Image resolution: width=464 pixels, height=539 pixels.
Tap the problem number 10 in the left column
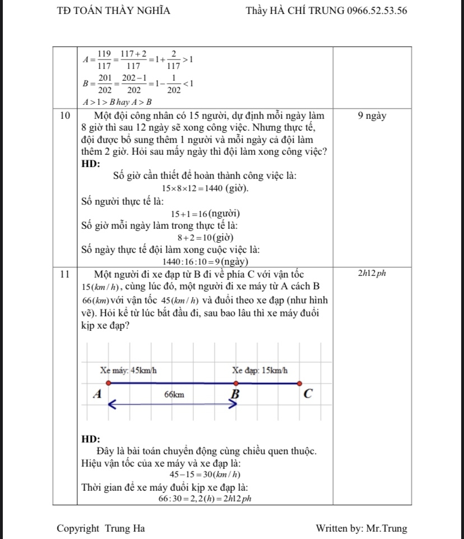(64, 116)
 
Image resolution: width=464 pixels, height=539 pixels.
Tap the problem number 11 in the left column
(64, 274)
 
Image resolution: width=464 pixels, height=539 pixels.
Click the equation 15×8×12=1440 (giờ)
(205, 188)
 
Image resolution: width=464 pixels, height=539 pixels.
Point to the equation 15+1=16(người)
(205, 214)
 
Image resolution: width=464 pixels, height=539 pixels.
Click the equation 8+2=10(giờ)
(205, 238)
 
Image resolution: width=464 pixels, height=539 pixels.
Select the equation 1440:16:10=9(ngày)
(205, 262)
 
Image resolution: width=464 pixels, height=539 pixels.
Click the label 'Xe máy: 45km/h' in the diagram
(128, 370)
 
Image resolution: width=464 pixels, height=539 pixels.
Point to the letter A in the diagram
(97, 394)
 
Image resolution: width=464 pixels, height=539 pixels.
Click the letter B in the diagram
(235, 394)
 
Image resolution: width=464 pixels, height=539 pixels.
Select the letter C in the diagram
(307, 394)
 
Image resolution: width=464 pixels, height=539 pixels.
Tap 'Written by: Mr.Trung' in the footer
(361, 528)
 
